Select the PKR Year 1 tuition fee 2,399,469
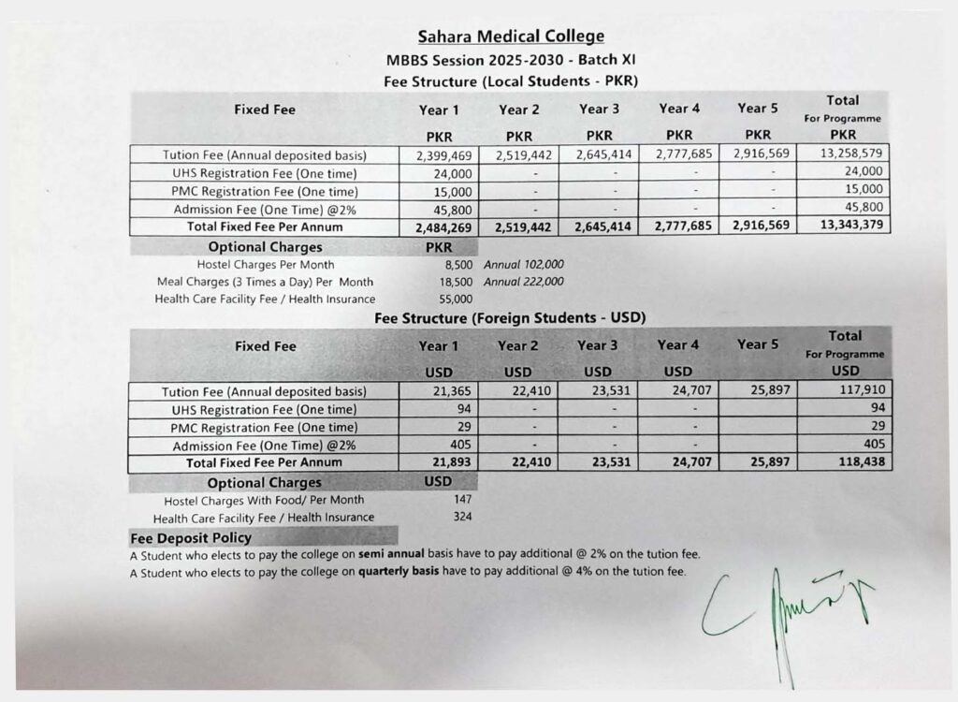coord(444,154)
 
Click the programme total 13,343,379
coord(843,227)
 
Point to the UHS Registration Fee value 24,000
coord(454,172)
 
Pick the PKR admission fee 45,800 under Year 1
coord(454,208)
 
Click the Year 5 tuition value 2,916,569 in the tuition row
coord(761,154)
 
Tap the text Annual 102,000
coord(524,265)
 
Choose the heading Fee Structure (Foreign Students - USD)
coord(510,318)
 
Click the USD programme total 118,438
coord(843,462)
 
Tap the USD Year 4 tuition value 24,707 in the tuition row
coord(680,390)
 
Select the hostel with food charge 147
coord(462,500)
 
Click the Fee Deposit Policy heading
coord(191,537)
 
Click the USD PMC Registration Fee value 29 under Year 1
coord(465,427)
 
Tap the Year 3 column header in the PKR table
coord(599,110)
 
